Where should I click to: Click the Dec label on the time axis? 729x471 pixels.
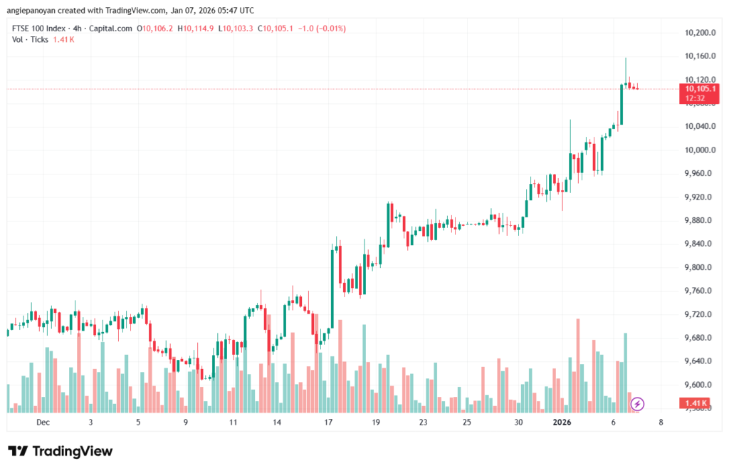click(43, 422)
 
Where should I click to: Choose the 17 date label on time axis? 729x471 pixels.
click(328, 422)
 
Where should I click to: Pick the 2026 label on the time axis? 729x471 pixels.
click(562, 422)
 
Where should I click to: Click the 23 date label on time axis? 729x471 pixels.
click(423, 422)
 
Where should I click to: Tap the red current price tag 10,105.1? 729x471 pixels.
click(698, 88)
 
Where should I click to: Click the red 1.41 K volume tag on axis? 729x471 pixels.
click(695, 404)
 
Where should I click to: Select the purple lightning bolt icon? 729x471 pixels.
click(638, 404)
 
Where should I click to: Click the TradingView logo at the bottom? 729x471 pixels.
click(61, 451)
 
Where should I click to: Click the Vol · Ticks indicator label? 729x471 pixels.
click(31, 39)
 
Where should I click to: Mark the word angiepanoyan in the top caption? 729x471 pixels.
click(36, 11)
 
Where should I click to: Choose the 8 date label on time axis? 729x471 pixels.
click(661, 422)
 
